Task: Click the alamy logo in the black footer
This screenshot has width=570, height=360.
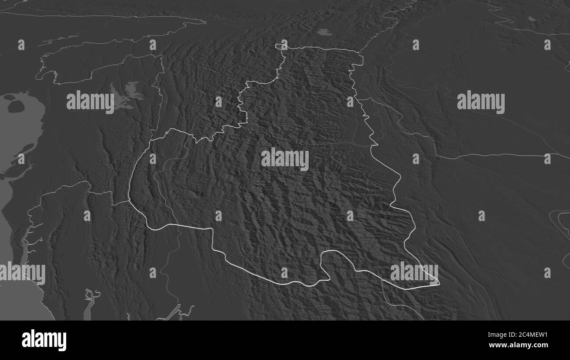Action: point(44,340)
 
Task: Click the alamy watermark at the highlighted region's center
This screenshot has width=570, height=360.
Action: point(285,159)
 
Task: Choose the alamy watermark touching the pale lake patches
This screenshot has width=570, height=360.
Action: point(90,102)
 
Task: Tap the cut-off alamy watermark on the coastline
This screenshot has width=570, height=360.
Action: point(23,273)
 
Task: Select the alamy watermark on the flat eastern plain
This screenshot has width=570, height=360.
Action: point(481,102)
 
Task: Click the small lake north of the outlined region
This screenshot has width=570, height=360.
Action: point(324,32)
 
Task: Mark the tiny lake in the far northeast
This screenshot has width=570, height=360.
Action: point(531,19)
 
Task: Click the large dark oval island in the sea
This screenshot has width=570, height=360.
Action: point(16,106)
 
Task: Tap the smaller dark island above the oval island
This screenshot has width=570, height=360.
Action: point(9,97)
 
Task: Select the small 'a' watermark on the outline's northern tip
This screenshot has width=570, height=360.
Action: point(284,45)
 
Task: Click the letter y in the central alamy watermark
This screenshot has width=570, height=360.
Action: point(304,161)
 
